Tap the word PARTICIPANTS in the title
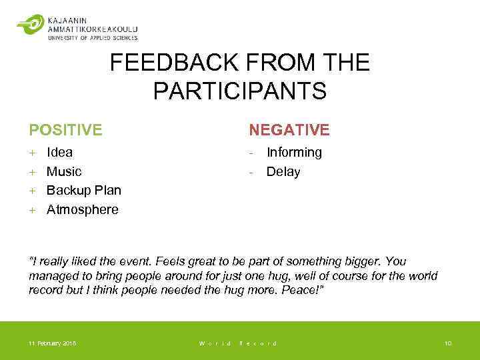coord(240,91)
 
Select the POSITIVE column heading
coord(65,129)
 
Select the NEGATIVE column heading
coord(289,129)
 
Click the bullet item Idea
coord(59,152)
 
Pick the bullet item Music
coord(64,171)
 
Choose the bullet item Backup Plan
coord(84,190)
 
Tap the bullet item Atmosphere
coord(82,209)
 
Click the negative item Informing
coord(294,152)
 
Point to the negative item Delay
coord(283,171)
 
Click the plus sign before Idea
coord(31,153)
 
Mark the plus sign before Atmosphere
coord(31,210)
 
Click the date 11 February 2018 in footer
coord(52,343)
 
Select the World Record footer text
coord(238,343)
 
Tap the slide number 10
coord(447,343)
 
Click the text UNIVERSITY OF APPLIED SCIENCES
coord(93,38)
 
